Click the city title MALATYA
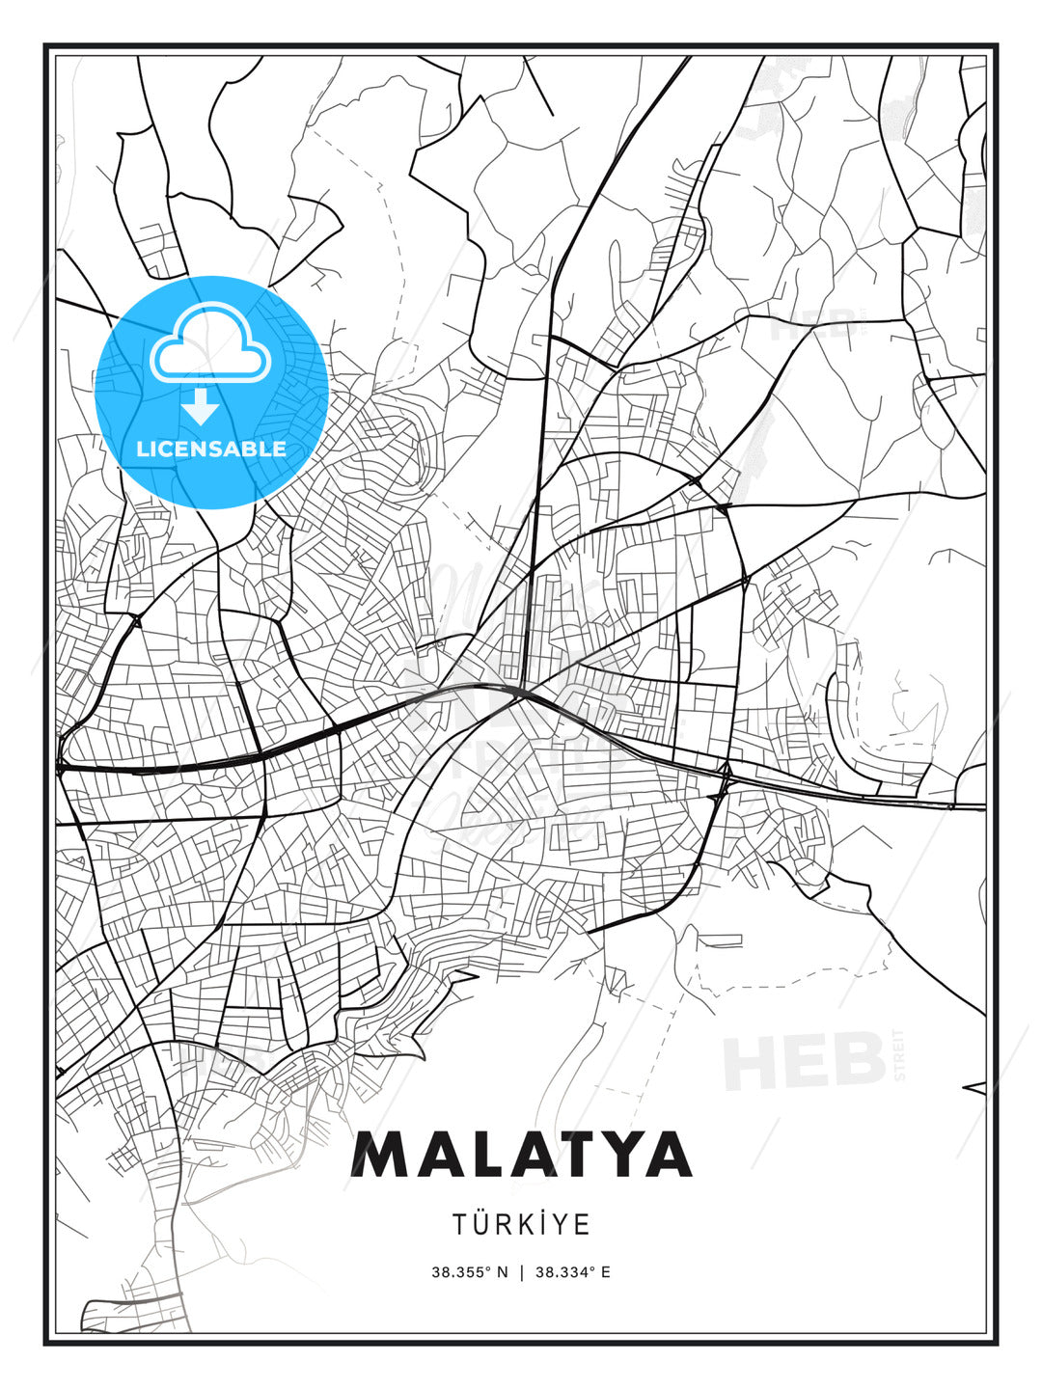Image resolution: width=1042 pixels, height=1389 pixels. pos(521,1155)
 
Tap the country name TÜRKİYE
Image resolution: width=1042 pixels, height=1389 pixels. pos(521,1224)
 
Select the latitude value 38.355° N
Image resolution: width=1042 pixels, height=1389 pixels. pos(469,1272)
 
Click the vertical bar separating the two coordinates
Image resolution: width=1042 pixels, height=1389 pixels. pos(521,1272)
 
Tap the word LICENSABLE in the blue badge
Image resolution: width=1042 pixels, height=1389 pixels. pos(211,449)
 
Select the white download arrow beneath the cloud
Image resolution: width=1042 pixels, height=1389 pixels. pos(201,407)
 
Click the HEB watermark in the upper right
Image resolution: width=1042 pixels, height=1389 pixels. pos(812,325)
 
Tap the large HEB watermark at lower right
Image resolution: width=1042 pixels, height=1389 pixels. pos(804,1060)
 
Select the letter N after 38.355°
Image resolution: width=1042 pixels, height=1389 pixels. pos(502,1272)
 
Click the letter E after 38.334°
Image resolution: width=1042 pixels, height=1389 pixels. pos(605,1272)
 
